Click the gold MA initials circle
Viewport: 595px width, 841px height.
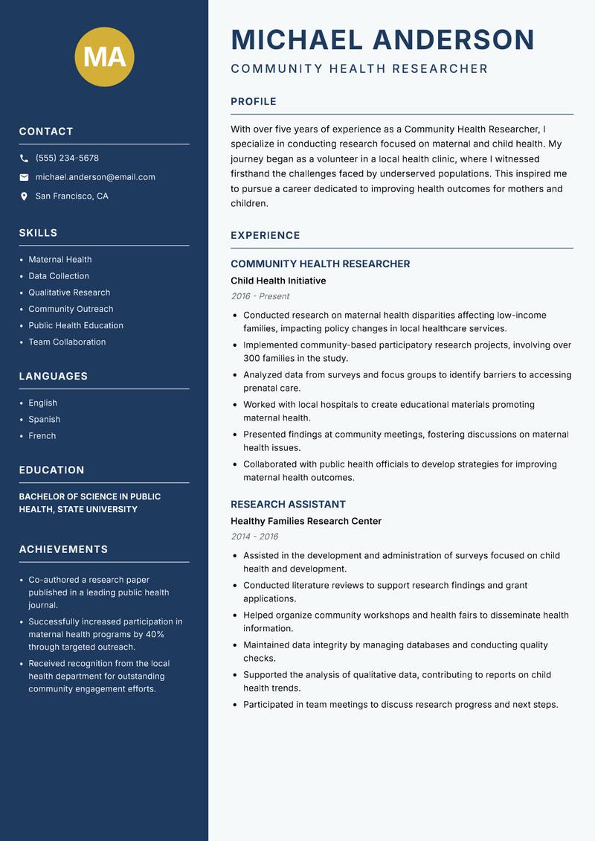point(104,57)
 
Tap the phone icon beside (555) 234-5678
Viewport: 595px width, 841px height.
point(24,159)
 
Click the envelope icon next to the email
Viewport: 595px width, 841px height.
point(24,177)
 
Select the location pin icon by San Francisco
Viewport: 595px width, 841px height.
point(24,196)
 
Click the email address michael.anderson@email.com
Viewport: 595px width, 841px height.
point(95,177)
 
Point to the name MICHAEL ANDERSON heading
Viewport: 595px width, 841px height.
point(383,39)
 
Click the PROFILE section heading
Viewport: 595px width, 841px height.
point(254,102)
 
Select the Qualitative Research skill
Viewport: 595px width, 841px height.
point(69,292)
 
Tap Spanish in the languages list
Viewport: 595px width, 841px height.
point(45,419)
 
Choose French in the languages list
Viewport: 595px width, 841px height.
point(42,435)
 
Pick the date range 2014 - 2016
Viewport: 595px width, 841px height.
point(254,537)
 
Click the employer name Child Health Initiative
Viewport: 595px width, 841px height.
point(278,281)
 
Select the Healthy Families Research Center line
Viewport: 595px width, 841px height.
point(306,521)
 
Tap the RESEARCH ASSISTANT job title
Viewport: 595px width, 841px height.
point(288,504)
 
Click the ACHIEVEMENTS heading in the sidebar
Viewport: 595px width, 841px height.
point(63,549)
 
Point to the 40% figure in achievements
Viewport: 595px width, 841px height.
point(155,635)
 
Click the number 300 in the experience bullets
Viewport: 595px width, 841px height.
point(251,358)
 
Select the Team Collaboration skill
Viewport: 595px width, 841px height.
point(67,342)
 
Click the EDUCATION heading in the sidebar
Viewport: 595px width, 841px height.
point(52,470)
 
